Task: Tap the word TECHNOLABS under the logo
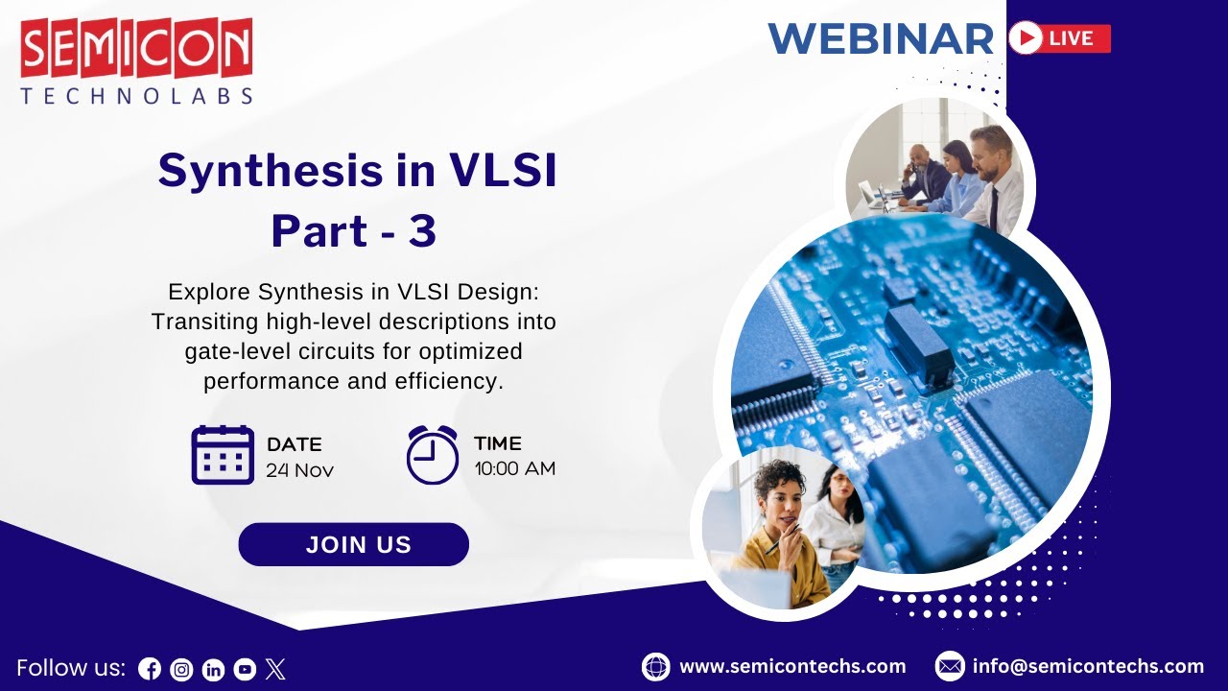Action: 136,95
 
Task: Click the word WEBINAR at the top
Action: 881,38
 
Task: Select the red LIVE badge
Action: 1059,38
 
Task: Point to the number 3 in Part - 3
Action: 422,232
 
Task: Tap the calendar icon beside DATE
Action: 223,455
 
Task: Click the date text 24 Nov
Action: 299,470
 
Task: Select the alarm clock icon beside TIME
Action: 433,455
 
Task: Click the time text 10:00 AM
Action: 514,469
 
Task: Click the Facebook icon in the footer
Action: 150,669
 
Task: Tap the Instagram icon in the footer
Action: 181,669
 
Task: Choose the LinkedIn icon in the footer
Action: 213,669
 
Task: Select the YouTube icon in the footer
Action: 245,669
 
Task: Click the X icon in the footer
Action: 275,669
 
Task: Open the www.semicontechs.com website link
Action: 791,666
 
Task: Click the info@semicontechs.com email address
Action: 1087,666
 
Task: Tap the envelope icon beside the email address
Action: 949,666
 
